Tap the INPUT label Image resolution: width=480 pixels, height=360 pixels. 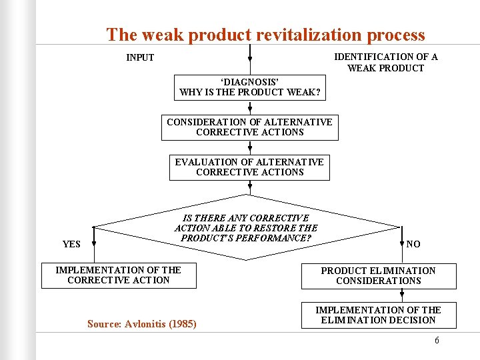(140, 57)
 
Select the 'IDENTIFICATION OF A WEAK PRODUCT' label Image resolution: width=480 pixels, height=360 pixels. (385, 63)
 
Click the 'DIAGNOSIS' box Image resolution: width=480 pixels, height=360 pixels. (250, 87)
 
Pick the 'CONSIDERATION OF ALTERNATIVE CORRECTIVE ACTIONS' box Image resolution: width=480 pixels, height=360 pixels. (249, 127)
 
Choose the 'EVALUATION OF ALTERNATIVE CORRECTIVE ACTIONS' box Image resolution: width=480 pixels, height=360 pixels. (249, 167)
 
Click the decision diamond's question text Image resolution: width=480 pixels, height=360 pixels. (246, 228)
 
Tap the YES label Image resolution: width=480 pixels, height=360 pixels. (71, 244)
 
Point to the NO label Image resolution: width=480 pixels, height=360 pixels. (413, 244)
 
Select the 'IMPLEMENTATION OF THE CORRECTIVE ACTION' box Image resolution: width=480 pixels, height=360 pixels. (119, 275)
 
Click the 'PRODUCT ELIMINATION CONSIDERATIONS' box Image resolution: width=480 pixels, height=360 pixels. (378, 275)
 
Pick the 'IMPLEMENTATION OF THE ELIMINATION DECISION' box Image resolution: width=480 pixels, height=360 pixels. (378, 315)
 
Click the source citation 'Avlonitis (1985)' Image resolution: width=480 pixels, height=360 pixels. (142, 324)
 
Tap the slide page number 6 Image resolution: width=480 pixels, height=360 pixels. (437, 340)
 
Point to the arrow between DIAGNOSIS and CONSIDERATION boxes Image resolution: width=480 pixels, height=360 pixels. (250, 107)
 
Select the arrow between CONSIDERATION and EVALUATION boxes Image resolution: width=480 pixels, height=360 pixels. (250, 148)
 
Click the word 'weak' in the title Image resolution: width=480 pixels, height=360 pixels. (161, 35)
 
